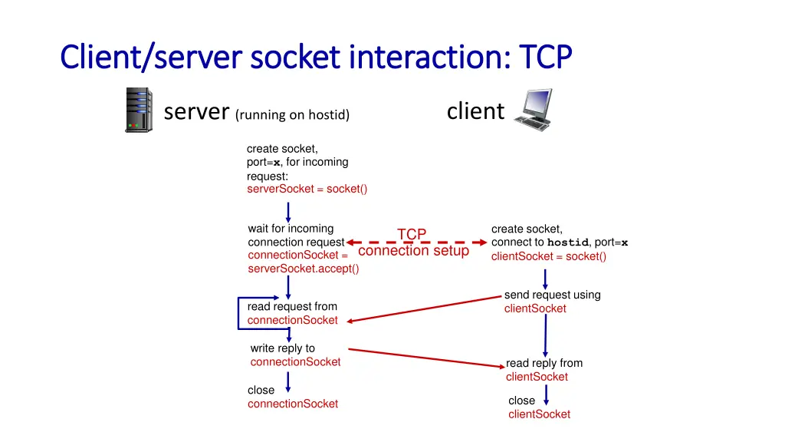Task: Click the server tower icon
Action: pos(139,110)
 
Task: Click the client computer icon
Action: pos(533,109)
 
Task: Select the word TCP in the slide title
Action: pos(545,57)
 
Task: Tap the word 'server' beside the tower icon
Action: pos(197,112)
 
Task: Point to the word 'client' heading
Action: pos(475,111)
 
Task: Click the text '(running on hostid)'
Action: pos(293,115)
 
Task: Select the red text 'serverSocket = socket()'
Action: pos(307,189)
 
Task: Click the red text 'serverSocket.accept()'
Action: pos(304,269)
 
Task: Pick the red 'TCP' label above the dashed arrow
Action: pos(412,234)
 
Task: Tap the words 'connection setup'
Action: pos(413,251)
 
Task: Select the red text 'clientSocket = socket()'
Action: pos(549,256)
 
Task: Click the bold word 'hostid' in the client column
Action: pos(567,242)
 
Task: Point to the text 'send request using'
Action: pos(552,295)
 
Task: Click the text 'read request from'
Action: pos(292,306)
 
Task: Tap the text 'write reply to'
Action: pos(283,348)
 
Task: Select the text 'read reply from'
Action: pos(544,363)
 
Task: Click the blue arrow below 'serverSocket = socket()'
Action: pos(288,211)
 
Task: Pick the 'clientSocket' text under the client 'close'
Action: pos(539,414)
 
